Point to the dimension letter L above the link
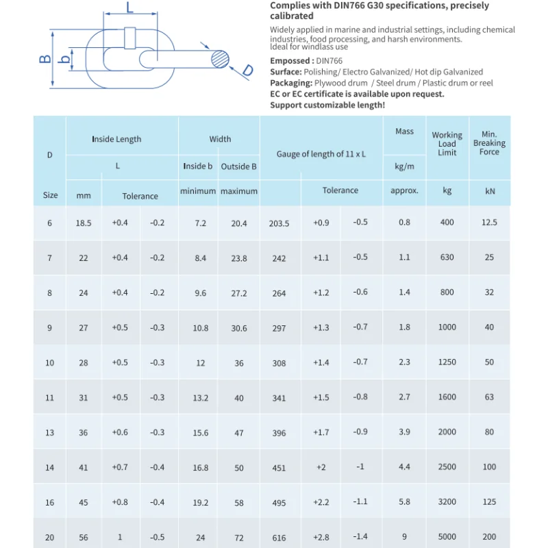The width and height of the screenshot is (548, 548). tap(129, 8)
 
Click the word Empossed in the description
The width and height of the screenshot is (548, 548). tap(290, 61)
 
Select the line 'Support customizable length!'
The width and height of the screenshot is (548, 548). tap(327, 105)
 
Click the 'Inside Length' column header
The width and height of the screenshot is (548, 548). tap(116, 139)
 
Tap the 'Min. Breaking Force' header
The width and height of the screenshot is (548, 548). tap(489, 143)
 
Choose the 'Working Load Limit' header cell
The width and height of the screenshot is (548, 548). tap(447, 144)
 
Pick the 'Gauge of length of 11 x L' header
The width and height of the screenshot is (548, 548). tap(321, 154)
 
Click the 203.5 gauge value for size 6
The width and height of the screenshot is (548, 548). tap(279, 223)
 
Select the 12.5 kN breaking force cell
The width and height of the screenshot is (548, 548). tap(489, 223)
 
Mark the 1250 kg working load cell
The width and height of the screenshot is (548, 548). tap(447, 362)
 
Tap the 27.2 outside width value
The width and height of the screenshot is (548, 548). tap(239, 293)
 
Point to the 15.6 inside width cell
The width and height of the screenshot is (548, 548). tap(200, 433)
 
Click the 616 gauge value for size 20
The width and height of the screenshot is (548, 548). tap(279, 538)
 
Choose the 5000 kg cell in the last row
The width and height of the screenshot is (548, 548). tap(447, 538)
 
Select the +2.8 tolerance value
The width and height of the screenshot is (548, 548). tap(321, 537)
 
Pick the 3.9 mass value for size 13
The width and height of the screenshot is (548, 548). tap(404, 432)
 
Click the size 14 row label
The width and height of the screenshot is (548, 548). tap(50, 468)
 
